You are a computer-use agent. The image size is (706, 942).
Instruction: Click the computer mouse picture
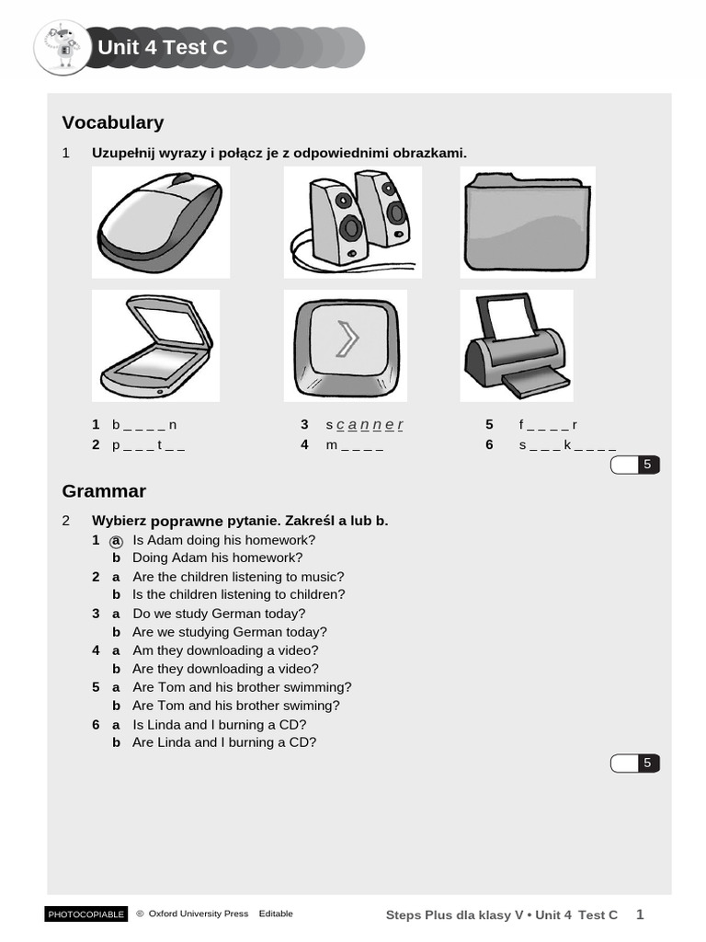160,222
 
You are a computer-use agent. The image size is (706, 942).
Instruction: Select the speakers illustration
352,222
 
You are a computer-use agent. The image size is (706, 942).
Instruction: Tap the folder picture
527,222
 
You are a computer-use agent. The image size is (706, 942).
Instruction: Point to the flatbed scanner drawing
155,346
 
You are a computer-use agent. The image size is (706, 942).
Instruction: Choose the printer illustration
516,346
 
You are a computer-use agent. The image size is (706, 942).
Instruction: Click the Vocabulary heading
112,122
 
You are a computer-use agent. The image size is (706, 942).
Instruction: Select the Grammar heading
103,490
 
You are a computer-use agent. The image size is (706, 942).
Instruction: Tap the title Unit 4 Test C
162,48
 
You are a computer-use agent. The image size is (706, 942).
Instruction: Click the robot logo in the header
62,48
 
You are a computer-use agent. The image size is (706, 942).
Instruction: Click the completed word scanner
365,425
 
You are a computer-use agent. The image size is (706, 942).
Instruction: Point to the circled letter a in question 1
117,541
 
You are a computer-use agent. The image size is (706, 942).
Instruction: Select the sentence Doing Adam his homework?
217,557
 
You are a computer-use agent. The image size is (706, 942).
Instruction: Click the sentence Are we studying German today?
229,632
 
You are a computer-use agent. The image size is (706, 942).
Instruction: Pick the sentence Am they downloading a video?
225,650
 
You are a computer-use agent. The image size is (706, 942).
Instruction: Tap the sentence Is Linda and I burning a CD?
219,725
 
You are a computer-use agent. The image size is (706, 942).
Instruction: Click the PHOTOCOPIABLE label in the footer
85,914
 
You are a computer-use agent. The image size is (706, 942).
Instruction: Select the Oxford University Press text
198,913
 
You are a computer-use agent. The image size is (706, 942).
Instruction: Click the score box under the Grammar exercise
635,763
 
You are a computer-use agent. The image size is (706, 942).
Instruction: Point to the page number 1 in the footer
641,913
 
